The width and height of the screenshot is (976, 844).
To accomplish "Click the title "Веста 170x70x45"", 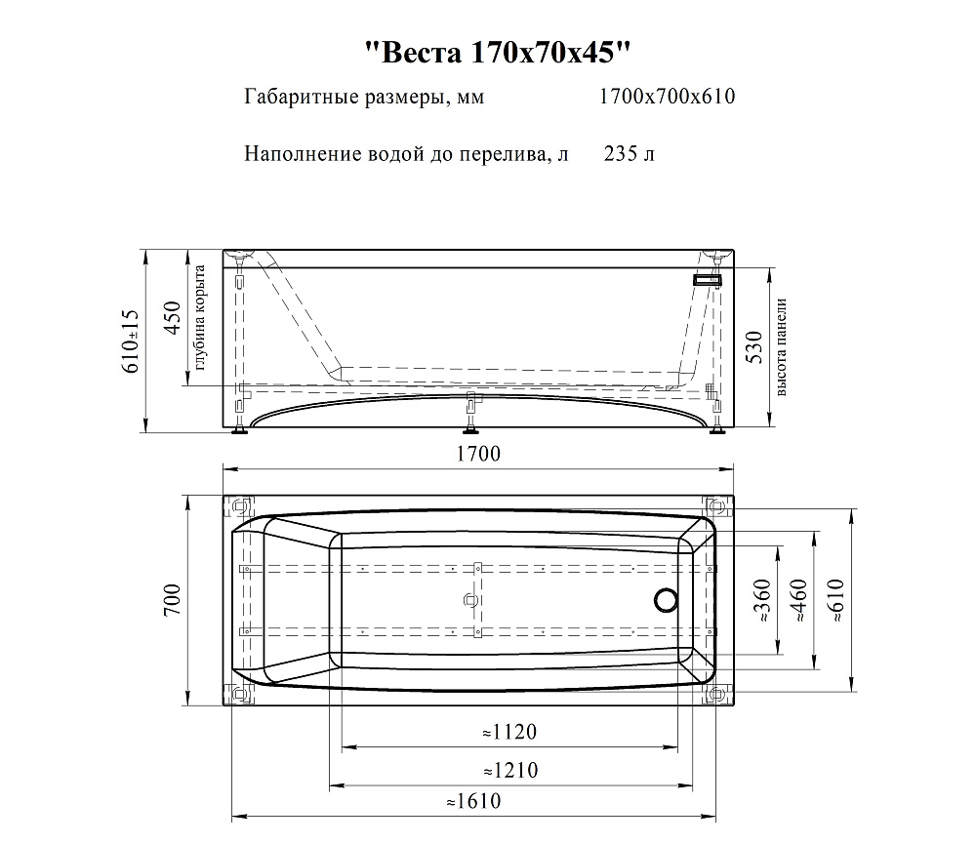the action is click(498, 53).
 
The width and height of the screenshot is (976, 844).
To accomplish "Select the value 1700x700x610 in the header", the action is click(667, 97).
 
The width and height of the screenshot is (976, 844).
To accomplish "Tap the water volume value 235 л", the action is click(629, 153).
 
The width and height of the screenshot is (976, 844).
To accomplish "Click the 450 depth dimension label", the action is click(172, 317).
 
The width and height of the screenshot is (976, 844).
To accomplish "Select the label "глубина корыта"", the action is click(200, 317).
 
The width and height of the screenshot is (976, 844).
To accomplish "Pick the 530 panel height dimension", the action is click(753, 348).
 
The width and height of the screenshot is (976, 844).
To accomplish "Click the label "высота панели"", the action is click(782, 347).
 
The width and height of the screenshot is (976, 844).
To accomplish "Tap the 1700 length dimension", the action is click(478, 453).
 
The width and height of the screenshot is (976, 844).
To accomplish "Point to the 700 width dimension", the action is click(172, 600).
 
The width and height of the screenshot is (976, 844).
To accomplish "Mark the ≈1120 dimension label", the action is click(509, 732).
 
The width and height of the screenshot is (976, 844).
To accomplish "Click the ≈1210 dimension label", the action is click(510, 770).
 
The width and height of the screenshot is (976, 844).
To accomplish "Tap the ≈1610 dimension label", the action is click(473, 800).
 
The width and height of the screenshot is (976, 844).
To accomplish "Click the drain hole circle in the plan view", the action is click(666, 601).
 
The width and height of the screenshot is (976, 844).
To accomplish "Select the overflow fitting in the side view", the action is click(708, 280).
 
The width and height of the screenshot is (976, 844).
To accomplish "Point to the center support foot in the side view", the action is click(471, 413).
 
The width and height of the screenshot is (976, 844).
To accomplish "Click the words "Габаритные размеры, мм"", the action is click(364, 98).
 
